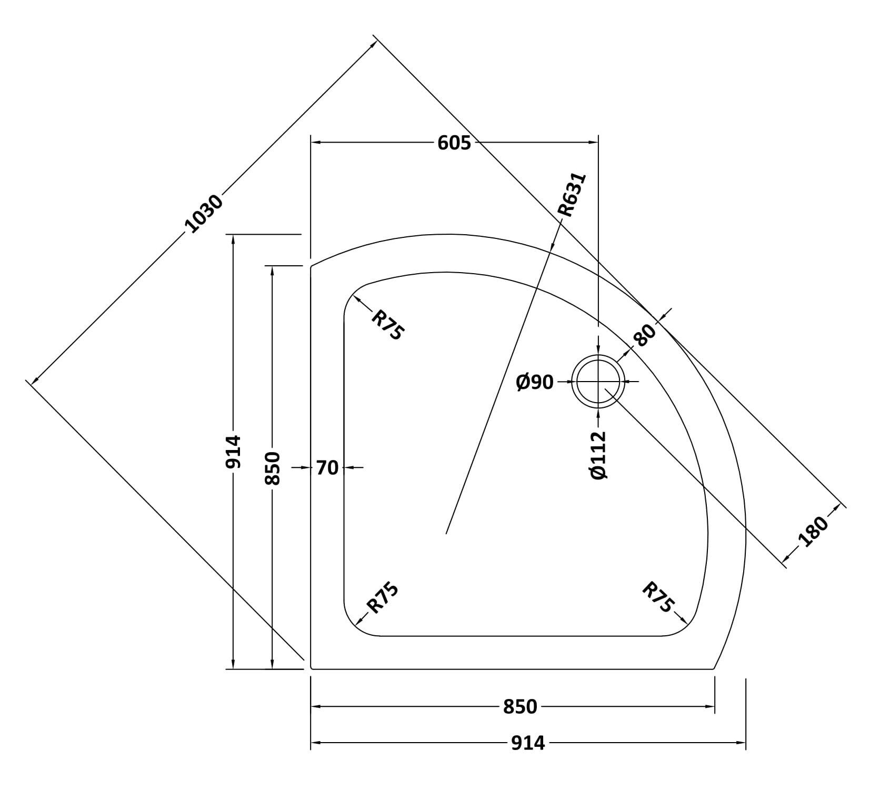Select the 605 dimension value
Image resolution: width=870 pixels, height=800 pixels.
pos(454,143)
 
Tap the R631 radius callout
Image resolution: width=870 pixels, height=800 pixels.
pos(572,195)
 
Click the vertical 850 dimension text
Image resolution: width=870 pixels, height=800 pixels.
pos(273,468)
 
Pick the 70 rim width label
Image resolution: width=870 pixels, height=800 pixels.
pos(327,467)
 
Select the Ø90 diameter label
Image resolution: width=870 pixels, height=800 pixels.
pos(535,383)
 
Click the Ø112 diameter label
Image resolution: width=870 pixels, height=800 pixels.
pos(599,455)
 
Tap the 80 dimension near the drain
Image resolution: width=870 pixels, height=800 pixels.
pos(645,335)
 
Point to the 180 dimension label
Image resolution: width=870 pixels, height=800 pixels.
pos(813,532)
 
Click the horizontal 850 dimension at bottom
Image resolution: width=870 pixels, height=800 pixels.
pos(520,707)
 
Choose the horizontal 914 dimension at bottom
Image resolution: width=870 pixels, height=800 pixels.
pos(528,743)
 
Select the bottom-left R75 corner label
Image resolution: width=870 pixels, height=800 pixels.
pos(383,598)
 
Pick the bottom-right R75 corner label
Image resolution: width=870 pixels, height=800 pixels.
pos(657,597)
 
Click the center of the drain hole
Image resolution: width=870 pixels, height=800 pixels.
pos(598,382)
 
